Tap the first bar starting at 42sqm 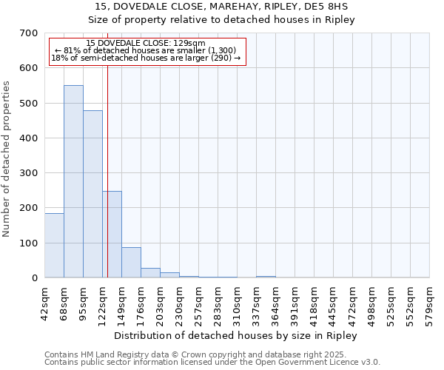pos(54,245)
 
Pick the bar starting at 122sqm pos(112,234)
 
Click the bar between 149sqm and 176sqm pos(131,262)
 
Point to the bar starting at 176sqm pos(150,272)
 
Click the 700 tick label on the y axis pos(28,33)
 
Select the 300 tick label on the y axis pos(28,173)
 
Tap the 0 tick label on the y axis pos(34,278)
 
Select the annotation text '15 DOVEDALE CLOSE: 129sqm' pos(146,44)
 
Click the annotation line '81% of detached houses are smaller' pos(146,50)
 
